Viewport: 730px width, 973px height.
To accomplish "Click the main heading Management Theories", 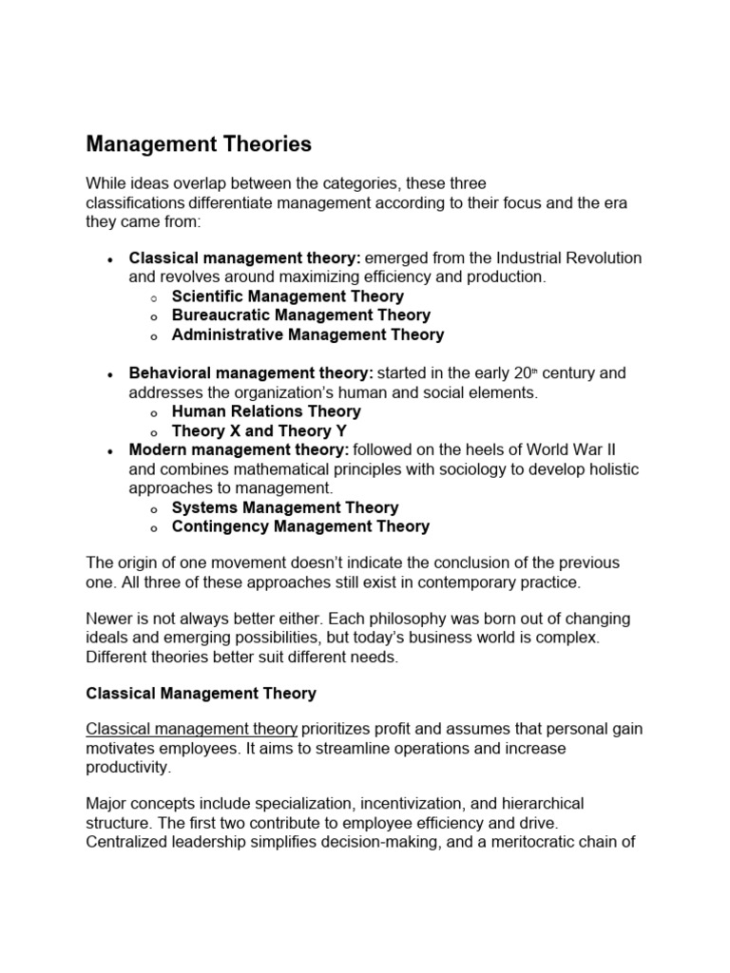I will (x=199, y=144).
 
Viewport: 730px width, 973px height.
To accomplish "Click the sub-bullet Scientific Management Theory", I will (x=288, y=296).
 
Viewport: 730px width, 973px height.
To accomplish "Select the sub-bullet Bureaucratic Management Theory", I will (x=301, y=315).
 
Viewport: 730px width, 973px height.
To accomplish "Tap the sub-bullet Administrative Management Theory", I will (x=308, y=334).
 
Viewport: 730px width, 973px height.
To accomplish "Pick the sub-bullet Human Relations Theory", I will (x=266, y=411).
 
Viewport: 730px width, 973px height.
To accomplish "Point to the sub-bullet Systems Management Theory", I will (x=285, y=507).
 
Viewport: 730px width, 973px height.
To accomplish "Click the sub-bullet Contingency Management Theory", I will (x=300, y=526).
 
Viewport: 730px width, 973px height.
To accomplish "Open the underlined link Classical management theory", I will (x=192, y=729).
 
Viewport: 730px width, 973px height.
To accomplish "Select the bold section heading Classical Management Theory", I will (x=201, y=694).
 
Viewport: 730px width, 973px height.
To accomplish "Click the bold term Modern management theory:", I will (x=240, y=449).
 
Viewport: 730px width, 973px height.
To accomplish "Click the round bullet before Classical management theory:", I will (x=111, y=259).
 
